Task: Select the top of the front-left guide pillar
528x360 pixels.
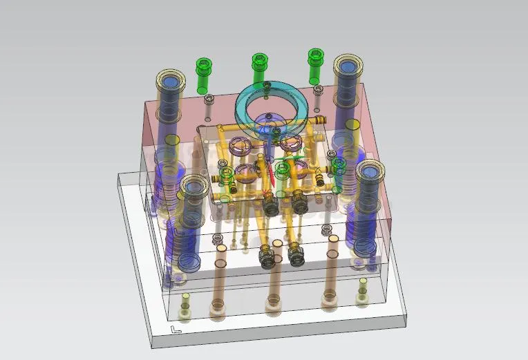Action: point(193,187)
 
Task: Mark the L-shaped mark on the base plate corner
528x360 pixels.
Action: point(176,330)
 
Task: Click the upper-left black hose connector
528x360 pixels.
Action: point(270,204)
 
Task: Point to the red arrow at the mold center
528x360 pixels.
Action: point(272,177)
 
